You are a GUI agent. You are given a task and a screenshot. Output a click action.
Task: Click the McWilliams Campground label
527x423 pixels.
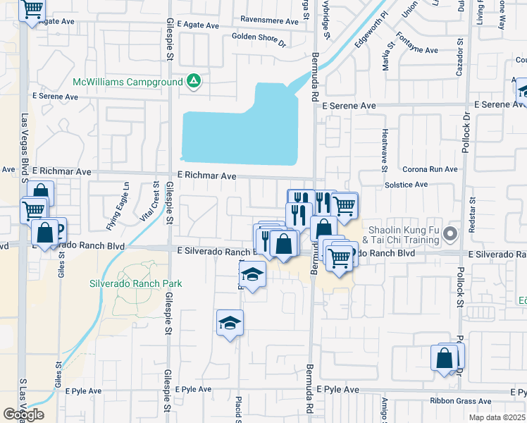128,82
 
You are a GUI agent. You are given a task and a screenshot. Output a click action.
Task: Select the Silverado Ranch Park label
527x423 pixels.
136,283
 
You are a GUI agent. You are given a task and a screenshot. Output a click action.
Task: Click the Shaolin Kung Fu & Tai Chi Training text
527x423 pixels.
405,235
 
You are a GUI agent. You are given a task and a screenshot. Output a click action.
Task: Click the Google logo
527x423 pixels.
23,415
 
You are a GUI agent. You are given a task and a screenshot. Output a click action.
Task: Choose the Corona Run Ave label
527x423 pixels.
430,170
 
